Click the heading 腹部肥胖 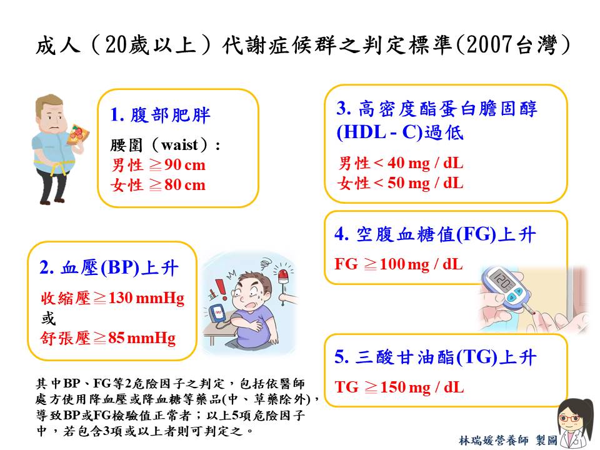point(170,115)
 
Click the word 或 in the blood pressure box point(49,318)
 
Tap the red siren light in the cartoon point(283,275)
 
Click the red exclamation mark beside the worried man point(221,289)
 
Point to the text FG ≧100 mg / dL point(399,264)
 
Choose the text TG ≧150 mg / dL point(399,387)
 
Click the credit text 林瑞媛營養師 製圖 point(508,440)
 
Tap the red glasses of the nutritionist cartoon point(571,418)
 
